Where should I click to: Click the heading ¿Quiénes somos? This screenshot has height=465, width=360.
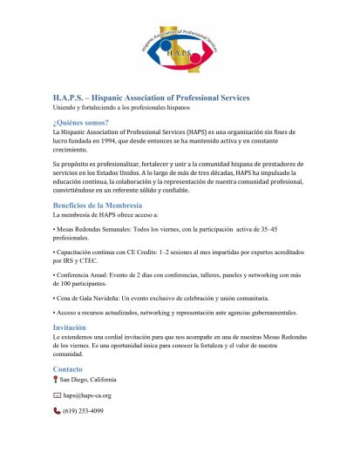(x=83, y=124)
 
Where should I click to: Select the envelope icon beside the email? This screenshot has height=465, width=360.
(x=57, y=395)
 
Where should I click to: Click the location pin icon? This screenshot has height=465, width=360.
(x=56, y=381)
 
